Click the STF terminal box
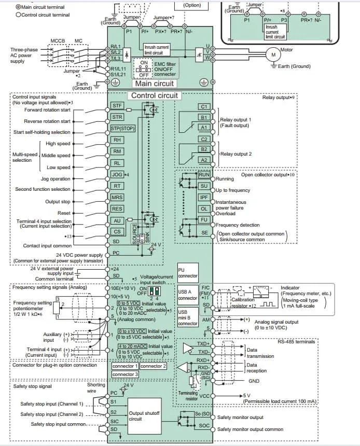[x=117, y=105]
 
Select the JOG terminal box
[x=117, y=174]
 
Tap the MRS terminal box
[x=117, y=198]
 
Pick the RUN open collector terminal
[x=204, y=175]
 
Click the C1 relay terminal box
[x=204, y=106]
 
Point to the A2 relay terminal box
[x=204, y=160]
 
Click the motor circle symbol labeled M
[x=272, y=54]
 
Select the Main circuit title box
[x=155, y=83]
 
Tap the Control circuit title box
[x=155, y=95]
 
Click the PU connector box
[x=187, y=273]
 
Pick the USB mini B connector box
[x=187, y=316]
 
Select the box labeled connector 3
[x=125, y=374]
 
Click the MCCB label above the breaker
[x=58, y=39]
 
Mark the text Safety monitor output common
[x=250, y=429]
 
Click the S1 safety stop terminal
[x=114, y=402]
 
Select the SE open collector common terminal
[x=204, y=233]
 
